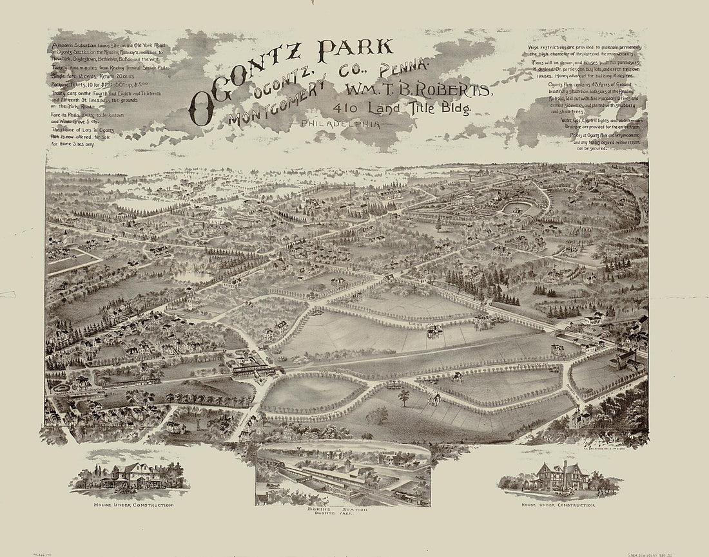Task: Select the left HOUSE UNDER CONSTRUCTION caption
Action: tap(133, 505)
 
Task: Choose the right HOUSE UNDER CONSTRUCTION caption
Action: tap(558, 505)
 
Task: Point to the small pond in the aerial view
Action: tap(192, 276)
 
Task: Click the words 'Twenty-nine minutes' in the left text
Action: tap(75, 68)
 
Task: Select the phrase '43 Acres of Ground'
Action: tap(604, 85)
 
